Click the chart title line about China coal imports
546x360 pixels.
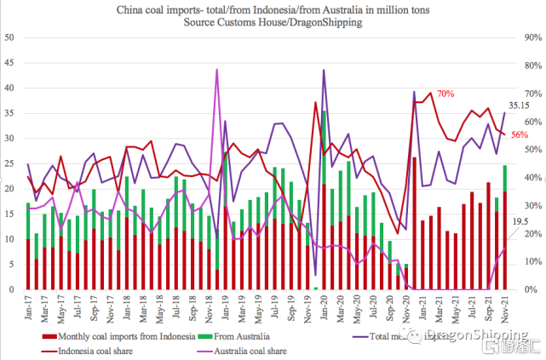click(x=272, y=9)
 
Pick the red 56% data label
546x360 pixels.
click(x=519, y=134)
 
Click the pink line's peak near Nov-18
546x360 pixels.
click(x=217, y=70)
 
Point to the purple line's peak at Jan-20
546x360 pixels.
click(x=324, y=70)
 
